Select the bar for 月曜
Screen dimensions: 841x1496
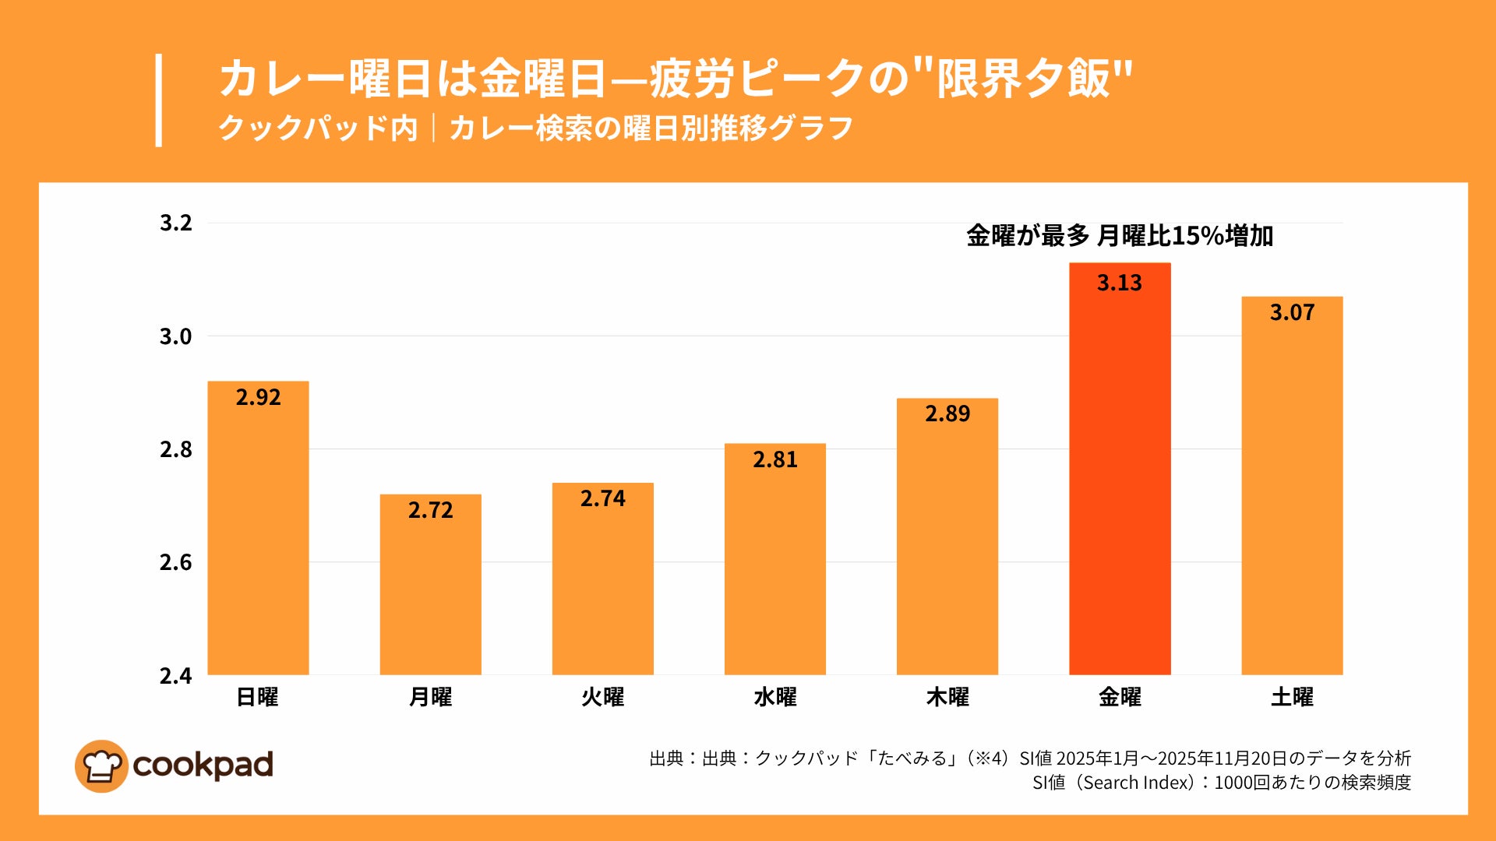pos(430,592)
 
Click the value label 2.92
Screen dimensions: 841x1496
pos(258,397)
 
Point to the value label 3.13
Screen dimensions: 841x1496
pos(1120,283)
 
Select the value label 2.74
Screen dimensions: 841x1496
pos(602,498)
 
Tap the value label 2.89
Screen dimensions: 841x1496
pos(947,413)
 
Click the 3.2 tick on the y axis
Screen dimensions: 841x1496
pos(175,223)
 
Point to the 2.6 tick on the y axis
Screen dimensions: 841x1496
pos(175,562)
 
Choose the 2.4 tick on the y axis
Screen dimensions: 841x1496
pos(175,676)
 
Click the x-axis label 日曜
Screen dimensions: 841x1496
pos(257,697)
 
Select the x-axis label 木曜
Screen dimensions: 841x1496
pos(947,697)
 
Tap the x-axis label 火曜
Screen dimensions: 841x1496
pos(602,697)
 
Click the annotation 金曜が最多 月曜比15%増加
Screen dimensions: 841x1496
pos(1120,235)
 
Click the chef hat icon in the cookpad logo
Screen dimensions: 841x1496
pos(101,766)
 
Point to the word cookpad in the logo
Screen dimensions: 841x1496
pos(203,765)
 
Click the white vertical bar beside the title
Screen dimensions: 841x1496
pos(159,100)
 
